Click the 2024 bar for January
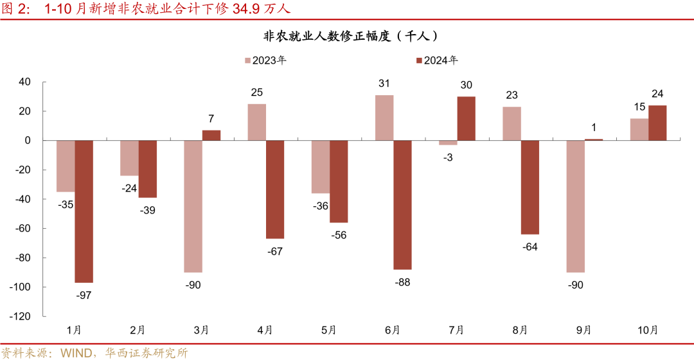point(84,212)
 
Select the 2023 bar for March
point(193,206)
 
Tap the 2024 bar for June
point(402,204)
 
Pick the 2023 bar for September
point(576,206)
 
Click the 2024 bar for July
point(467,118)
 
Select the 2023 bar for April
point(256,122)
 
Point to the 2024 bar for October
point(657,123)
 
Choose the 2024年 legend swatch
point(418,60)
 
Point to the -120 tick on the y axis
point(21,316)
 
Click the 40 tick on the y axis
point(25,82)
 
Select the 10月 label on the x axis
point(648,330)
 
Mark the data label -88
point(402,281)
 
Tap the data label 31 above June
point(385,83)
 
